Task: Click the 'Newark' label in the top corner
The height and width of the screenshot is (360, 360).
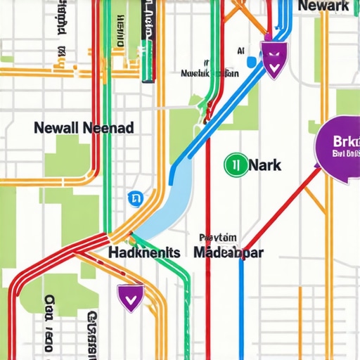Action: pyautogui.click(x=323, y=6)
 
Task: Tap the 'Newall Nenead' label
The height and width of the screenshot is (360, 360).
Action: pyautogui.click(x=84, y=129)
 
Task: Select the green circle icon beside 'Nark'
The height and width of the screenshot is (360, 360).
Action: pyautogui.click(x=234, y=165)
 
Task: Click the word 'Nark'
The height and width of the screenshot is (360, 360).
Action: pyautogui.click(x=264, y=165)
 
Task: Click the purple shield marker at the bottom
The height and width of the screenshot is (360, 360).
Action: pyautogui.click(x=130, y=297)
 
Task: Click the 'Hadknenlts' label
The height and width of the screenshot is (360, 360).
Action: pyautogui.click(x=145, y=252)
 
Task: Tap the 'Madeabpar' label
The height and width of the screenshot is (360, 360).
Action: pyautogui.click(x=229, y=252)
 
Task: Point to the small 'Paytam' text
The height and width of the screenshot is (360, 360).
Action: pyautogui.click(x=218, y=238)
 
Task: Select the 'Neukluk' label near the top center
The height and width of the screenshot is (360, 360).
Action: pyautogui.click(x=209, y=72)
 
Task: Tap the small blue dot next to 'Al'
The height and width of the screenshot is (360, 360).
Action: pyautogui.click(x=250, y=62)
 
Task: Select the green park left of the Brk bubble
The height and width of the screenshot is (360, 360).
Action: pyautogui.click(x=314, y=127)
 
